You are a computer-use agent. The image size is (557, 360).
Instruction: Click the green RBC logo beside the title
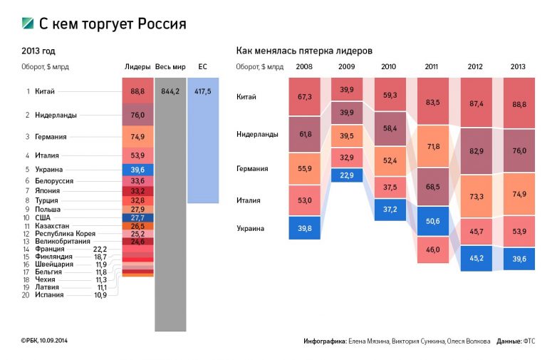tap(28, 24)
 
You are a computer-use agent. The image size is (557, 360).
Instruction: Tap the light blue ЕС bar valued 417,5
tap(202, 143)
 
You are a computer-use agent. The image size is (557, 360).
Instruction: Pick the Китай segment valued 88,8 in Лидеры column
tap(137, 91)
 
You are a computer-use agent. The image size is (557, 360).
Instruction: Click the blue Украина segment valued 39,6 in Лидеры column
tap(137, 170)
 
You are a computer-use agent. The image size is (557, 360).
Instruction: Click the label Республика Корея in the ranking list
tap(65, 234)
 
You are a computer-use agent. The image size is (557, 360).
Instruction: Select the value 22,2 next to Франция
tap(100, 249)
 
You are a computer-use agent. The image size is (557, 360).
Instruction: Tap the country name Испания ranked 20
tap(49, 294)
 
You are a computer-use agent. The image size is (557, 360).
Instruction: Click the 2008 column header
tap(303, 66)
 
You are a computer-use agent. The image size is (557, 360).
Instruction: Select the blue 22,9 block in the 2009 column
tap(347, 175)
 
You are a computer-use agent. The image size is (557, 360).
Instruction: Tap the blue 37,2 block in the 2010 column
tap(389, 210)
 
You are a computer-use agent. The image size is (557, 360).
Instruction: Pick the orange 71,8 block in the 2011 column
tap(432, 147)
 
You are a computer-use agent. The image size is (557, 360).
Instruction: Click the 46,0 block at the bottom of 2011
tap(432, 250)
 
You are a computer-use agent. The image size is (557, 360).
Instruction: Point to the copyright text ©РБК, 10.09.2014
tap(48, 341)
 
